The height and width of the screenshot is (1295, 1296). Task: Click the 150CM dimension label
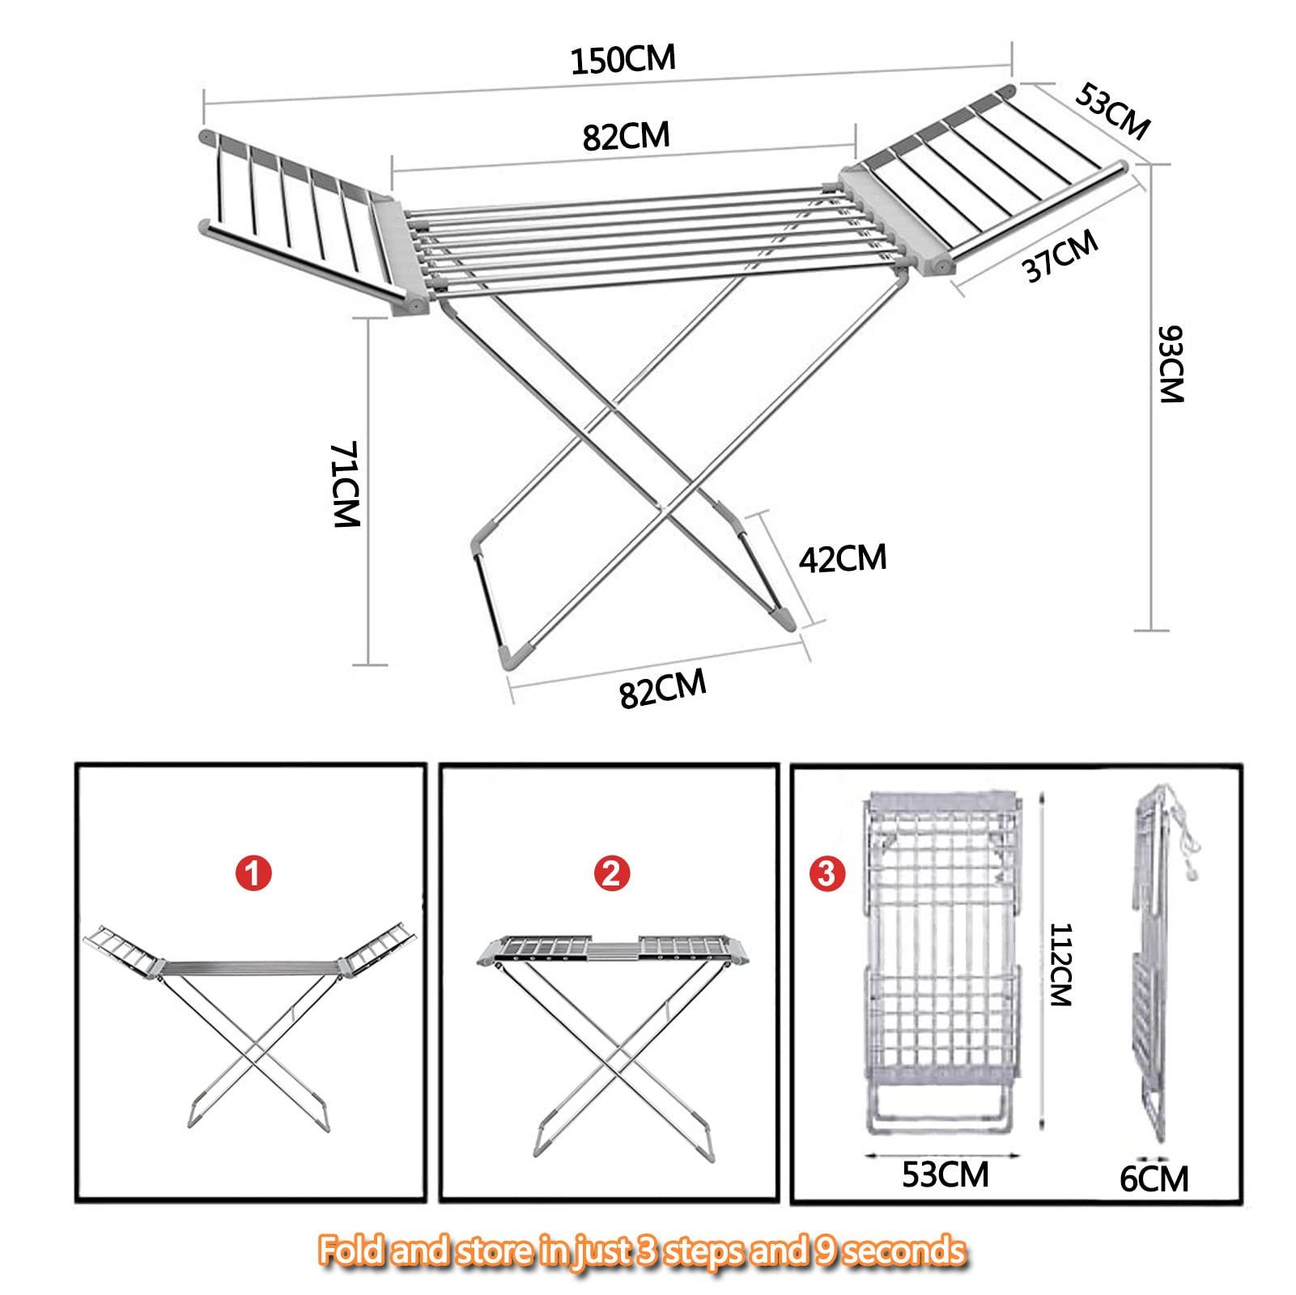622,59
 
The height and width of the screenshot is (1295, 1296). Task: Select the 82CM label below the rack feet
663,689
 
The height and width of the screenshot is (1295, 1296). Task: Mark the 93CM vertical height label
1171,364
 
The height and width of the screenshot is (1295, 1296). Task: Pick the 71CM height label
346,485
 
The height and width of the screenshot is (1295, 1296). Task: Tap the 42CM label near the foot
843,558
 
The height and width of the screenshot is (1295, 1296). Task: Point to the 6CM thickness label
1154,1178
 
